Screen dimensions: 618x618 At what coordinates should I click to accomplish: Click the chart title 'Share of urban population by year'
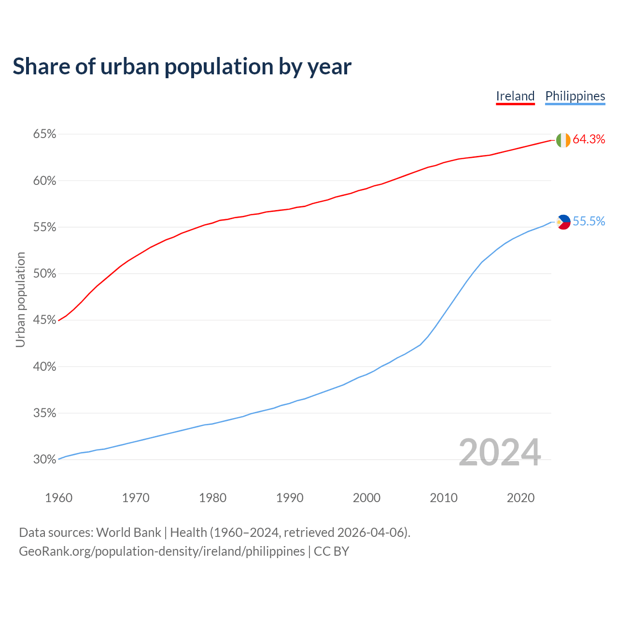[x=182, y=66]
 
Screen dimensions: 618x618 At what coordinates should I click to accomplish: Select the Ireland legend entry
[x=515, y=96]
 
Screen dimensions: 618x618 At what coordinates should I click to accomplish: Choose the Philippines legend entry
[x=575, y=96]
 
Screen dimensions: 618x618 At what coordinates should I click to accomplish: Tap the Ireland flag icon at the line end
[x=563, y=140]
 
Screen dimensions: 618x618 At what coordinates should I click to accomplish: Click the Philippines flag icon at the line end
[x=563, y=222]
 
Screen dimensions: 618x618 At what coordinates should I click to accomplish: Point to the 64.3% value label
[x=589, y=140]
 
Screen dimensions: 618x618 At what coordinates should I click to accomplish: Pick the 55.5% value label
[x=589, y=222]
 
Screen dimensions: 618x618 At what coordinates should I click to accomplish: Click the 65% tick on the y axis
[x=44, y=134]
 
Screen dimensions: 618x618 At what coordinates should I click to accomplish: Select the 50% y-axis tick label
[x=44, y=274]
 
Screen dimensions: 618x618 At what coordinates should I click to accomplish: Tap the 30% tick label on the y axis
[x=44, y=460]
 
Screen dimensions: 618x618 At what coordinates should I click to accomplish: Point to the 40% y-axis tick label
[x=44, y=367]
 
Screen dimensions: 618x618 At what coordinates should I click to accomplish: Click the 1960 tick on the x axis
[x=58, y=498]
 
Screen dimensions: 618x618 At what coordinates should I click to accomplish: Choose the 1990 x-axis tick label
[x=290, y=498]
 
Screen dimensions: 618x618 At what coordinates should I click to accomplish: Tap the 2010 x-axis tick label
[x=444, y=498]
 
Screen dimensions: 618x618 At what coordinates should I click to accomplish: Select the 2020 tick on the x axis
[x=520, y=498]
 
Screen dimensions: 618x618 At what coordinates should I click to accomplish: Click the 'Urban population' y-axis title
[x=20, y=299]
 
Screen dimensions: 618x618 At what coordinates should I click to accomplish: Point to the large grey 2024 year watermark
[x=500, y=453]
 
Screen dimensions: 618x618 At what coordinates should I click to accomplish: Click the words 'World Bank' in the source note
[x=128, y=533]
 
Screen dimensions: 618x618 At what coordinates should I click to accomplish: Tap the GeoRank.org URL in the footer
[x=162, y=551]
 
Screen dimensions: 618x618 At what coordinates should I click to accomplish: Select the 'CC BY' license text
[x=331, y=551]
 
